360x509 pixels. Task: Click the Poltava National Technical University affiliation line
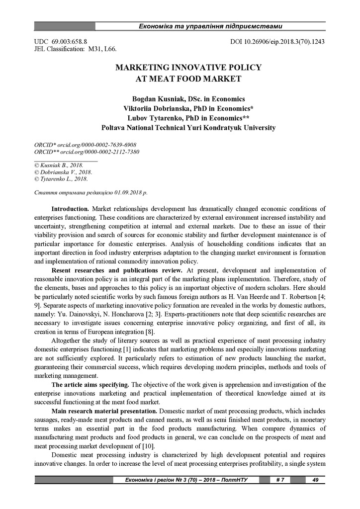tap(188, 128)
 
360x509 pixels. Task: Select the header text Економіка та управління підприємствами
tap(210, 26)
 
